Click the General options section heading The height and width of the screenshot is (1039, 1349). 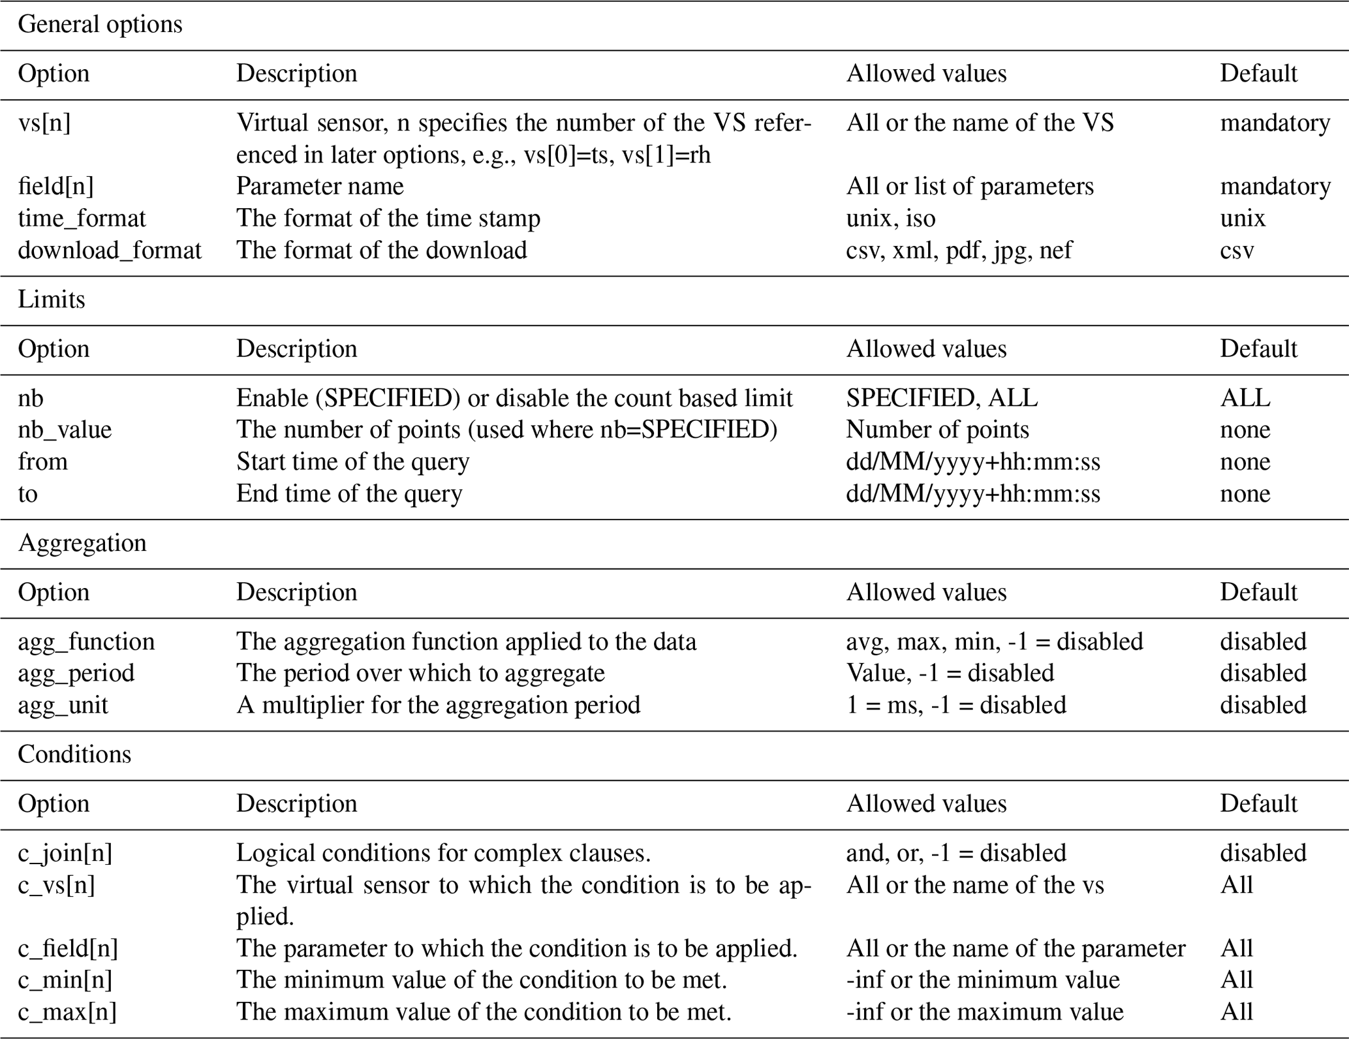(x=100, y=25)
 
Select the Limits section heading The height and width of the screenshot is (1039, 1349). (x=52, y=300)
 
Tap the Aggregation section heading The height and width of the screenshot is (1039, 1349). (x=82, y=543)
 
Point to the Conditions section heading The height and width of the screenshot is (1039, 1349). (x=74, y=754)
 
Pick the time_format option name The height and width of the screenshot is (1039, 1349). (x=82, y=219)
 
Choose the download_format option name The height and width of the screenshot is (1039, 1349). (x=110, y=251)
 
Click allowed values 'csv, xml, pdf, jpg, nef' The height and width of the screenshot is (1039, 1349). (x=959, y=251)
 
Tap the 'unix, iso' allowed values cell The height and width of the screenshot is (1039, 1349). (x=891, y=219)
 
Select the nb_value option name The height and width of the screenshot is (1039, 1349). (x=65, y=430)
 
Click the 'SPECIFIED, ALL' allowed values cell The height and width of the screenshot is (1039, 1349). (x=942, y=398)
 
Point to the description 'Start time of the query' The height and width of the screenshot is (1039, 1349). (x=352, y=462)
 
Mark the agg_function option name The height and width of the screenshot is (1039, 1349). (x=86, y=642)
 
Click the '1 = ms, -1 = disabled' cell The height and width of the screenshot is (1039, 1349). (x=956, y=706)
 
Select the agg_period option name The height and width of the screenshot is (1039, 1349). (x=76, y=674)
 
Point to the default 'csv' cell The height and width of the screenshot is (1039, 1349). (x=1237, y=251)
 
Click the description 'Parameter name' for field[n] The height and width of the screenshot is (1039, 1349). (x=320, y=187)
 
